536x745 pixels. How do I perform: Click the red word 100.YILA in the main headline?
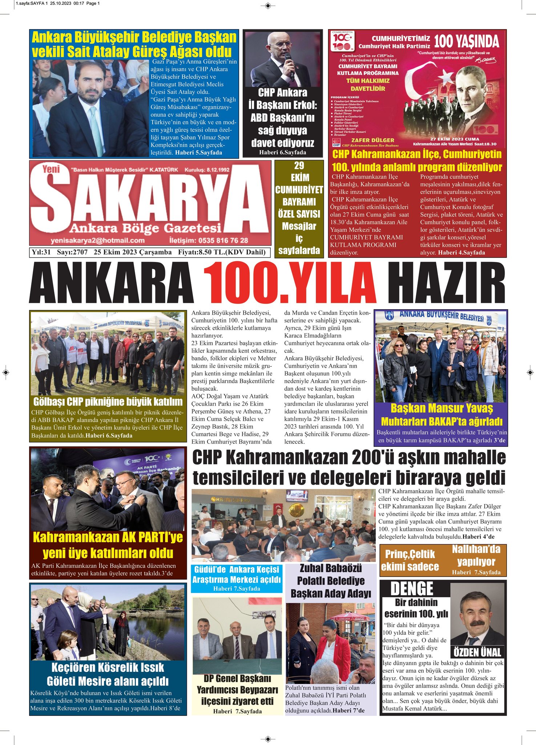[289, 283]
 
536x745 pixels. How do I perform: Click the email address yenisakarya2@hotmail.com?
[98, 240]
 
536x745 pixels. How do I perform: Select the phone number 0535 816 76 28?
[209, 240]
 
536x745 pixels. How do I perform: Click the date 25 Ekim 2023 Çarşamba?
[132, 252]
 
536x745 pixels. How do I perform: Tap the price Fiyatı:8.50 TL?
[222, 252]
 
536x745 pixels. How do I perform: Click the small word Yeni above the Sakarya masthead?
[51, 169]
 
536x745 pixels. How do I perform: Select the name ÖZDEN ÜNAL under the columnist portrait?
[477, 652]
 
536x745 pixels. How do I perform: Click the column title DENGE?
[412, 589]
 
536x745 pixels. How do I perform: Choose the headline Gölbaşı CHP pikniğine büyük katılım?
[108, 402]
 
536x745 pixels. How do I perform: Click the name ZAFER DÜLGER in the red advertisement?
[372, 140]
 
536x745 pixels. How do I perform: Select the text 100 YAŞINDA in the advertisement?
[467, 41]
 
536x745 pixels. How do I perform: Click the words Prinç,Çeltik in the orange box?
[410, 554]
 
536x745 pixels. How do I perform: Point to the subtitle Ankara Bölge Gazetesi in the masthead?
[145, 228]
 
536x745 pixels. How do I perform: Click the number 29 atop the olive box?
[299, 166]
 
